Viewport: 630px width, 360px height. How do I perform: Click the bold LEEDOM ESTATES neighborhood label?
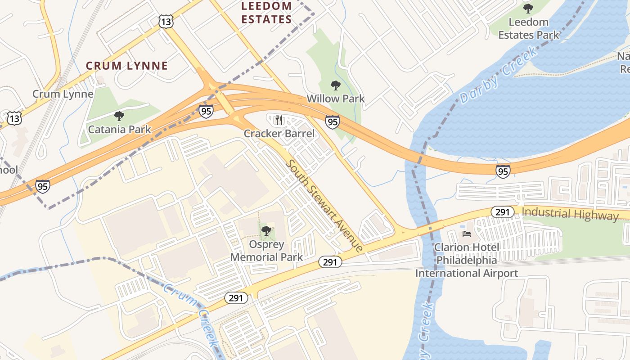click(x=266, y=13)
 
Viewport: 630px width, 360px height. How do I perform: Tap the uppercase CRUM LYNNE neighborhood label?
click(x=127, y=66)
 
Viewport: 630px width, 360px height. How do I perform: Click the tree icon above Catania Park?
click(x=119, y=116)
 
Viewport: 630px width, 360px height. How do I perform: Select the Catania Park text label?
click(x=119, y=130)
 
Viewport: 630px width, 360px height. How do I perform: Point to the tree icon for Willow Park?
click(x=335, y=85)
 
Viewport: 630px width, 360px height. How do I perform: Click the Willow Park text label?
click(x=335, y=98)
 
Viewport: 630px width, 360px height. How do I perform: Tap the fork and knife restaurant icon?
click(x=279, y=120)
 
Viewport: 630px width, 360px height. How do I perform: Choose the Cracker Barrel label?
click(x=279, y=134)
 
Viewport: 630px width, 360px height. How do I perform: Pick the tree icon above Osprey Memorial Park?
click(x=266, y=231)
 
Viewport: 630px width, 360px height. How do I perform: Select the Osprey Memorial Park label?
click(x=266, y=251)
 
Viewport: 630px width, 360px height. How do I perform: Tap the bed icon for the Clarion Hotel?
click(x=467, y=234)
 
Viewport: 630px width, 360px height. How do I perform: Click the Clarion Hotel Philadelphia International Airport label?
click(x=467, y=260)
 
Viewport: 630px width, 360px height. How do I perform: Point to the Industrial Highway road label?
click(x=570, y=213)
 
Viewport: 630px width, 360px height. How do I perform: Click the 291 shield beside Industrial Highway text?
click(x=502, y=212)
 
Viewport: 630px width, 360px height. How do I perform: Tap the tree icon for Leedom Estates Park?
click(x=528, y=8)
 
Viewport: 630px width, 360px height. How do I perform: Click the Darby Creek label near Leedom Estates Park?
click(x=498, y=76)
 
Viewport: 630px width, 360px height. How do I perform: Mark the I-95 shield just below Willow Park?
click(x=333, y=121)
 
